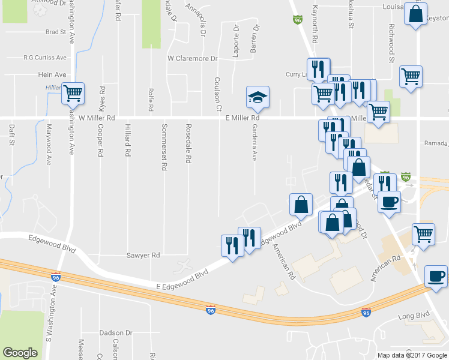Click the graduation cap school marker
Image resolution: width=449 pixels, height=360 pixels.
[258, 97]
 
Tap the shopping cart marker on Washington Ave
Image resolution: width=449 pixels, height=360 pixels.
[73, 93]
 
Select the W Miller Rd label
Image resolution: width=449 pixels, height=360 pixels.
[97, 118]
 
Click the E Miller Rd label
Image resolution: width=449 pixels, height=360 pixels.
[246, 118]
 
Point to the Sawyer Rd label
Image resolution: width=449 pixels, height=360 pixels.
[143, 255]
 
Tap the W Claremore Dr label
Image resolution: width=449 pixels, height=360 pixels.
[192, 59]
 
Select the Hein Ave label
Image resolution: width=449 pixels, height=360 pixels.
[52, 74]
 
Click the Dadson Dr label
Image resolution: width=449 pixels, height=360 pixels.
[115, 332]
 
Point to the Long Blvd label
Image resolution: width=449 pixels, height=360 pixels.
[415, 314]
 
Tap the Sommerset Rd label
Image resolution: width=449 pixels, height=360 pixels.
[163, 148]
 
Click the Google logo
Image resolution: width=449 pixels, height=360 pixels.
[20, 353]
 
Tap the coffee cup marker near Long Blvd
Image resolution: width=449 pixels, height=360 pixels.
[435, 276]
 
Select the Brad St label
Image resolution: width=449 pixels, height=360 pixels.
[55, 32]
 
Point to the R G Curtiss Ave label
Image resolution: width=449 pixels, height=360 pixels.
[45, 58]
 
